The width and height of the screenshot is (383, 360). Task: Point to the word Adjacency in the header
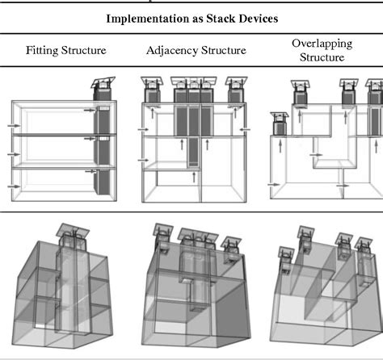(x=173, y=51)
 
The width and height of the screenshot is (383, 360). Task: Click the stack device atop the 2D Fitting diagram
(x=103, y=88)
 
